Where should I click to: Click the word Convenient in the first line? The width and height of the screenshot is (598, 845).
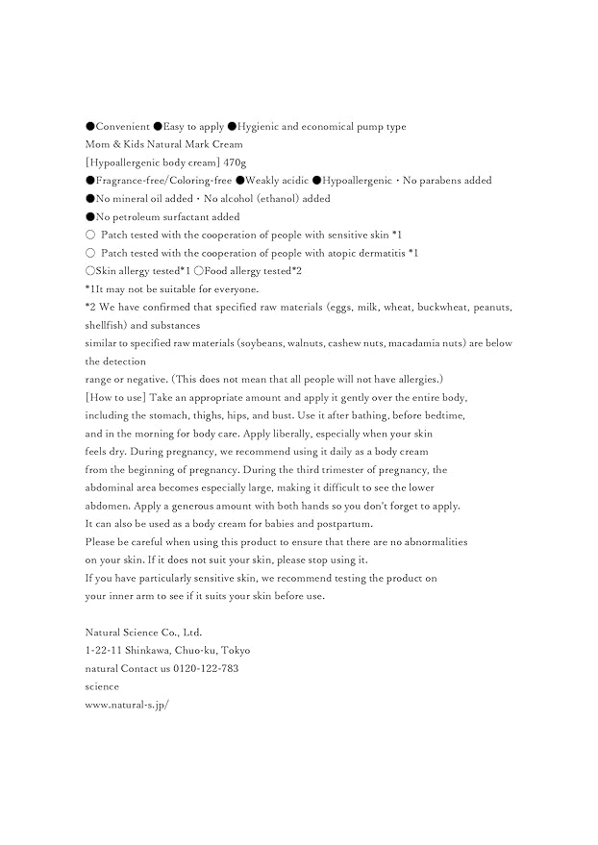[122, 126]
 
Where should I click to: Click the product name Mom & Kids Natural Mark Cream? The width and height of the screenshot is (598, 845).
[164, 144]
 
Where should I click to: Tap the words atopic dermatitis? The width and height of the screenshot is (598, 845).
[366, 253]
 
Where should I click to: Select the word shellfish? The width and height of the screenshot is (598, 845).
[106, 326]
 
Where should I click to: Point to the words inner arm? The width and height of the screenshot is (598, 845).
[129, 596]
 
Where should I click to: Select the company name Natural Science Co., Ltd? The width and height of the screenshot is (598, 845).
[144, 633]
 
